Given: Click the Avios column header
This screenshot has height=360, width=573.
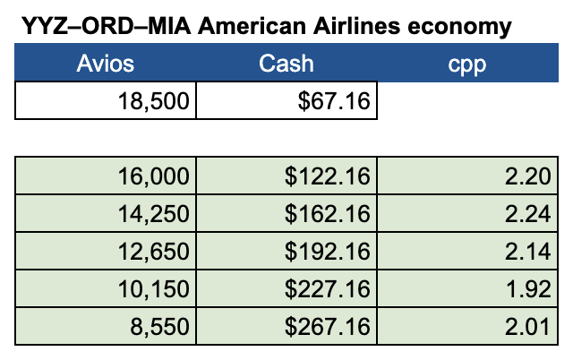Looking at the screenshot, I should click(106, 64).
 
